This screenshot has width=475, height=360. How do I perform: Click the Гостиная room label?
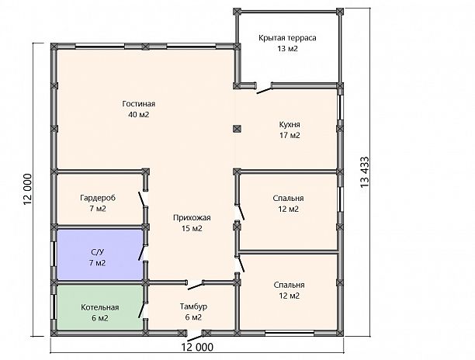pyautogui.click(x=139, y=104)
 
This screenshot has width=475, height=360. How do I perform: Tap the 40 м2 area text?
pyautogui.click(x=139, y=115)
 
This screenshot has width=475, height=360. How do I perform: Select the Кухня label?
pyautogui.click(x=290, y=124)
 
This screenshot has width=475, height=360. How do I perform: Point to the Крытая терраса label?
pyautogui.click(x=287, y=38)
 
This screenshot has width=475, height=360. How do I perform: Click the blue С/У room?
pyautogui.click(x=100, y=254)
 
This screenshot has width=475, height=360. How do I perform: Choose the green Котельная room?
pyautogui.click(x=100, y=307)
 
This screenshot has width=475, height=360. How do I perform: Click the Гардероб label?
pyautogui.click(x=98, y=198)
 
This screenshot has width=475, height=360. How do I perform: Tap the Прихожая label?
pyautogui.click(x=192, y=218)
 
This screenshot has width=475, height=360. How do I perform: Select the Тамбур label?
pyautogui.click(x=193, y=306)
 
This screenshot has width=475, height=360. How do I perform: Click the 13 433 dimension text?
pyautogui.click(x=365, y=172)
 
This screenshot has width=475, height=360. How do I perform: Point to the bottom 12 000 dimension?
pyautogui.click(x=197, y=347)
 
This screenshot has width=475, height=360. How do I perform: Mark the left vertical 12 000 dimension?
pyautogui.click(x=28, y=189)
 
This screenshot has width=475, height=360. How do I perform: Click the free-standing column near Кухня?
pyautogui.click(x=237, y=129)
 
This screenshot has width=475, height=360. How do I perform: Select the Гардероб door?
pyautogui.click(x=141, y=199)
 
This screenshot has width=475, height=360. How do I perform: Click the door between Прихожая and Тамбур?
pyautogui.click(x=195, y=286)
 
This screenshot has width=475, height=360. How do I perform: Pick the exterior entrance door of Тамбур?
pyautogui.click(x=196, y=337)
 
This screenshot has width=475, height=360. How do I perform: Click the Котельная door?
pyautogui.click(x=141, y=310)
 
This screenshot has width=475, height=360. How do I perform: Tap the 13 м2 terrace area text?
pyautogui.click(x=287, y=49)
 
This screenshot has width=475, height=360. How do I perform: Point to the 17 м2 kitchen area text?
pyautogui.click(x=290, y=135)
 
